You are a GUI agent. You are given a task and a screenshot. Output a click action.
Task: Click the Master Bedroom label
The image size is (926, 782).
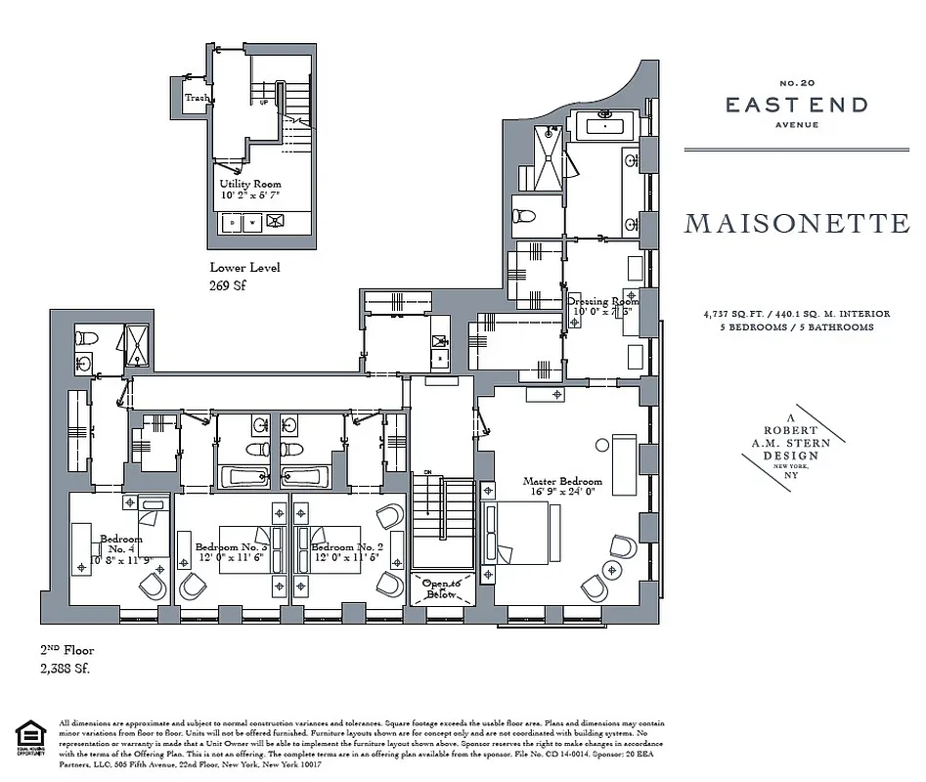click(562, 481)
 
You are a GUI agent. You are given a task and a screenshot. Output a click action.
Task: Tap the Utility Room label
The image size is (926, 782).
click(250, 184)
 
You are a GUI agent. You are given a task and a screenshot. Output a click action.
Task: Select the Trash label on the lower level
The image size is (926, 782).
click(197, 98)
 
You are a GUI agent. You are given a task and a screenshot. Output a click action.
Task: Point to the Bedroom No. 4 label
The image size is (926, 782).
click(120, 544)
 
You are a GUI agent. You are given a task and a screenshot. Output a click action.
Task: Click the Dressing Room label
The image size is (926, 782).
click(601, 302)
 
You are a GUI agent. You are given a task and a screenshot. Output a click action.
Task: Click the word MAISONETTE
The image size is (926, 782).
click(796, 224)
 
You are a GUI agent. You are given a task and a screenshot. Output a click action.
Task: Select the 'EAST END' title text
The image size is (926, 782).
click(796, 106)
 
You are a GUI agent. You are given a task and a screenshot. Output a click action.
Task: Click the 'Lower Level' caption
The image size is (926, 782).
click(244, 267)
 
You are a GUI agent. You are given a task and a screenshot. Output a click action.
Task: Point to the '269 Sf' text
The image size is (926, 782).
click(230, 285)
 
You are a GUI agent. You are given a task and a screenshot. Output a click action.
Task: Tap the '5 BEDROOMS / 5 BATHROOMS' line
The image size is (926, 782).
click(796, 327)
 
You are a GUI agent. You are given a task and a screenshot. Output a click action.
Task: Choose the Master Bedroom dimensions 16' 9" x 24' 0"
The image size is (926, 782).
click(562, 494)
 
